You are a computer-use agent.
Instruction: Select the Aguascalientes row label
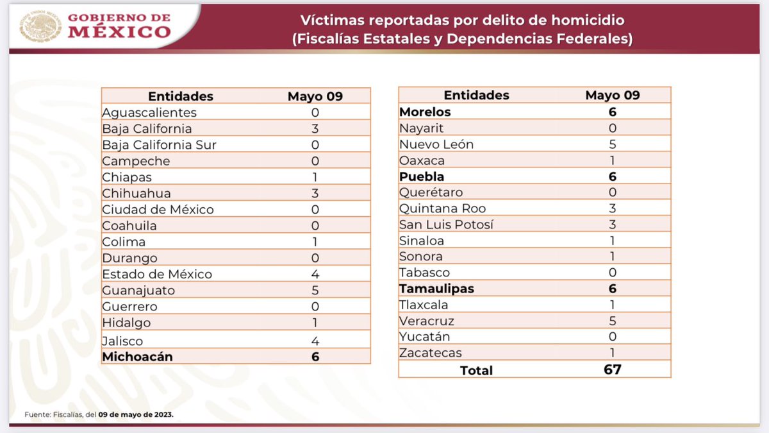coord(149,112)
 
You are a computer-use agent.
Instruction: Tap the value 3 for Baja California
coord(315,128)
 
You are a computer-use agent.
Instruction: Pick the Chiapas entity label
coord(127,177)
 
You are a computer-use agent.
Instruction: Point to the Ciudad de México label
coord(158,209)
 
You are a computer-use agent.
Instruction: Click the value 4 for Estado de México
coord(315,274)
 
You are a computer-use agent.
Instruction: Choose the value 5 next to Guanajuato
coord(315,290)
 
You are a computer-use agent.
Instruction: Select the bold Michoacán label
coord(137,357)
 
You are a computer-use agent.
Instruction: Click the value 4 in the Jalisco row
coord(315,341)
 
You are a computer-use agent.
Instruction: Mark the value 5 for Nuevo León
coord(613,144)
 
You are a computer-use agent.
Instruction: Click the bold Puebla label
coord(422,176)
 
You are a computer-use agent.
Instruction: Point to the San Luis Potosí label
coord(447,225)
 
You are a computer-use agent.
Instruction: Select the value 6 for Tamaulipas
coord(613,289)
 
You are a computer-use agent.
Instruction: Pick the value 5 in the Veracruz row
coord(613,321)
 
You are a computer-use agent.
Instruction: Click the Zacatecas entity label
coord(430,353)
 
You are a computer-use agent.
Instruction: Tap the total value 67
coord(613,369)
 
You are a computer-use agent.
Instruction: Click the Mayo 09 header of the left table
coord(315,96)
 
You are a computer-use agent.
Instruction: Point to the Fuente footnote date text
coord(136,415)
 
